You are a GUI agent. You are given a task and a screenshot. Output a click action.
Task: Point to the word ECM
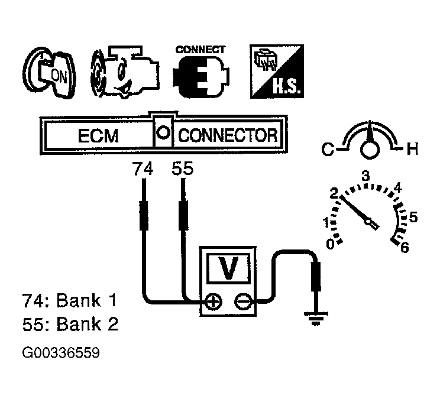[98, 136]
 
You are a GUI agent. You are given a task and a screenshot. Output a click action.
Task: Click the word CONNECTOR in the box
[228, 136]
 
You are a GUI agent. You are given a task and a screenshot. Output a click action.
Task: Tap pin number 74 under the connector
[143, 170]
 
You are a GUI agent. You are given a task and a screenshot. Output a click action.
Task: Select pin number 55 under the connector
[182, 170]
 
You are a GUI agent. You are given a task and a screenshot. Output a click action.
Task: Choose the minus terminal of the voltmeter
[242, 303]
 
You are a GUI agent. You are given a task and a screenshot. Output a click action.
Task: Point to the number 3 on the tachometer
[365, 176]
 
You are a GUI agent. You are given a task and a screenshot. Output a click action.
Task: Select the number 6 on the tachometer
[405, 248]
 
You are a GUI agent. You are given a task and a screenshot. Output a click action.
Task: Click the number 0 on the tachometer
[331, 243]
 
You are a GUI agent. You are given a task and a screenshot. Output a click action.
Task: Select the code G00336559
[61, 354]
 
